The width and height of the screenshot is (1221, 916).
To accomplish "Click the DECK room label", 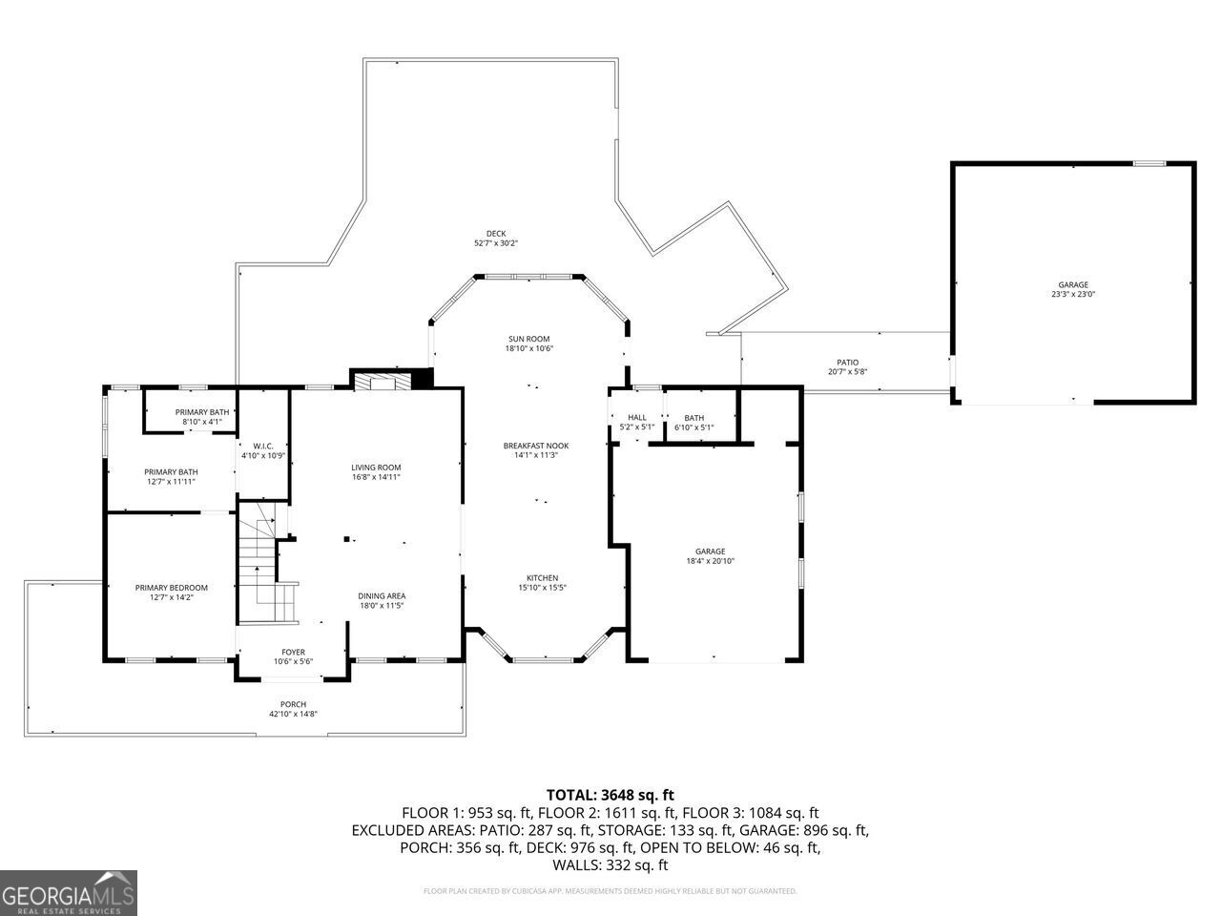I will click(495, 234).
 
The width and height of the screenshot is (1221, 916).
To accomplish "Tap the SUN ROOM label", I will click(528, 339).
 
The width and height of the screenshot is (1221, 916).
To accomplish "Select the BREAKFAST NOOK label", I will click(535, 446).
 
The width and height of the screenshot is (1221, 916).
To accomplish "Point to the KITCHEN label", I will click(542, 578).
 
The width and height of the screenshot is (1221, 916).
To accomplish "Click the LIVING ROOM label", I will click(375, 467).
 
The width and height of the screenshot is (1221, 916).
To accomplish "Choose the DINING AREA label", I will click(382, 596).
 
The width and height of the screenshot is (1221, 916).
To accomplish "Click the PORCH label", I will click(293, 704).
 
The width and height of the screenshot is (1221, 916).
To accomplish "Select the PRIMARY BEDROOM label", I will click(171, 588).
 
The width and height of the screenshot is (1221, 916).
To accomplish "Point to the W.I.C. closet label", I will click(263, 446).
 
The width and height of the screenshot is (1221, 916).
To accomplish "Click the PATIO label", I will click(847, 363).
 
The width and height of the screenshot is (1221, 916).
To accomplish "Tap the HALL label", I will click(636, 417).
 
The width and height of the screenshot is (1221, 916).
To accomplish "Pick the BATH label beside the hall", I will click(693, 417).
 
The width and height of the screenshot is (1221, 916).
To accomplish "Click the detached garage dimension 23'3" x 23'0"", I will click(1072, 295).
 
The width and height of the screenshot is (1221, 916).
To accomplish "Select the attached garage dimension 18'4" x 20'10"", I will click(710, 561).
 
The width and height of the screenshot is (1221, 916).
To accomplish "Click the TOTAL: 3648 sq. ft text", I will click(610, 794).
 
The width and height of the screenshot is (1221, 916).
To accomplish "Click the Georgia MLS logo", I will click(69, 893).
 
